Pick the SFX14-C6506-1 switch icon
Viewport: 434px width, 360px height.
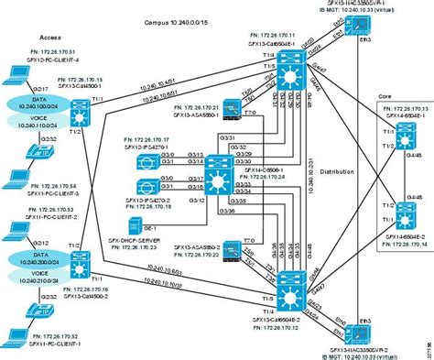click(x=217, y=172)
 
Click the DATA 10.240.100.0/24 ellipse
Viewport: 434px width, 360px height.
click(x=31, y=103)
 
